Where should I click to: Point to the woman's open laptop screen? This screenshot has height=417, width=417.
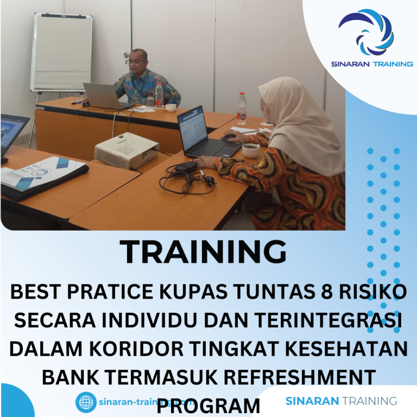tap(192, 129)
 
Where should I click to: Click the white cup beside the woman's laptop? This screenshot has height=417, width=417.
tap(250, 149)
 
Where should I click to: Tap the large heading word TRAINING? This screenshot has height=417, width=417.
tap(203, 252)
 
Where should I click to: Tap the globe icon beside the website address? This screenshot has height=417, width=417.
tap(85, 402)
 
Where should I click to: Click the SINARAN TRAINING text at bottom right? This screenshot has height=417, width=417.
tap(341, 401)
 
